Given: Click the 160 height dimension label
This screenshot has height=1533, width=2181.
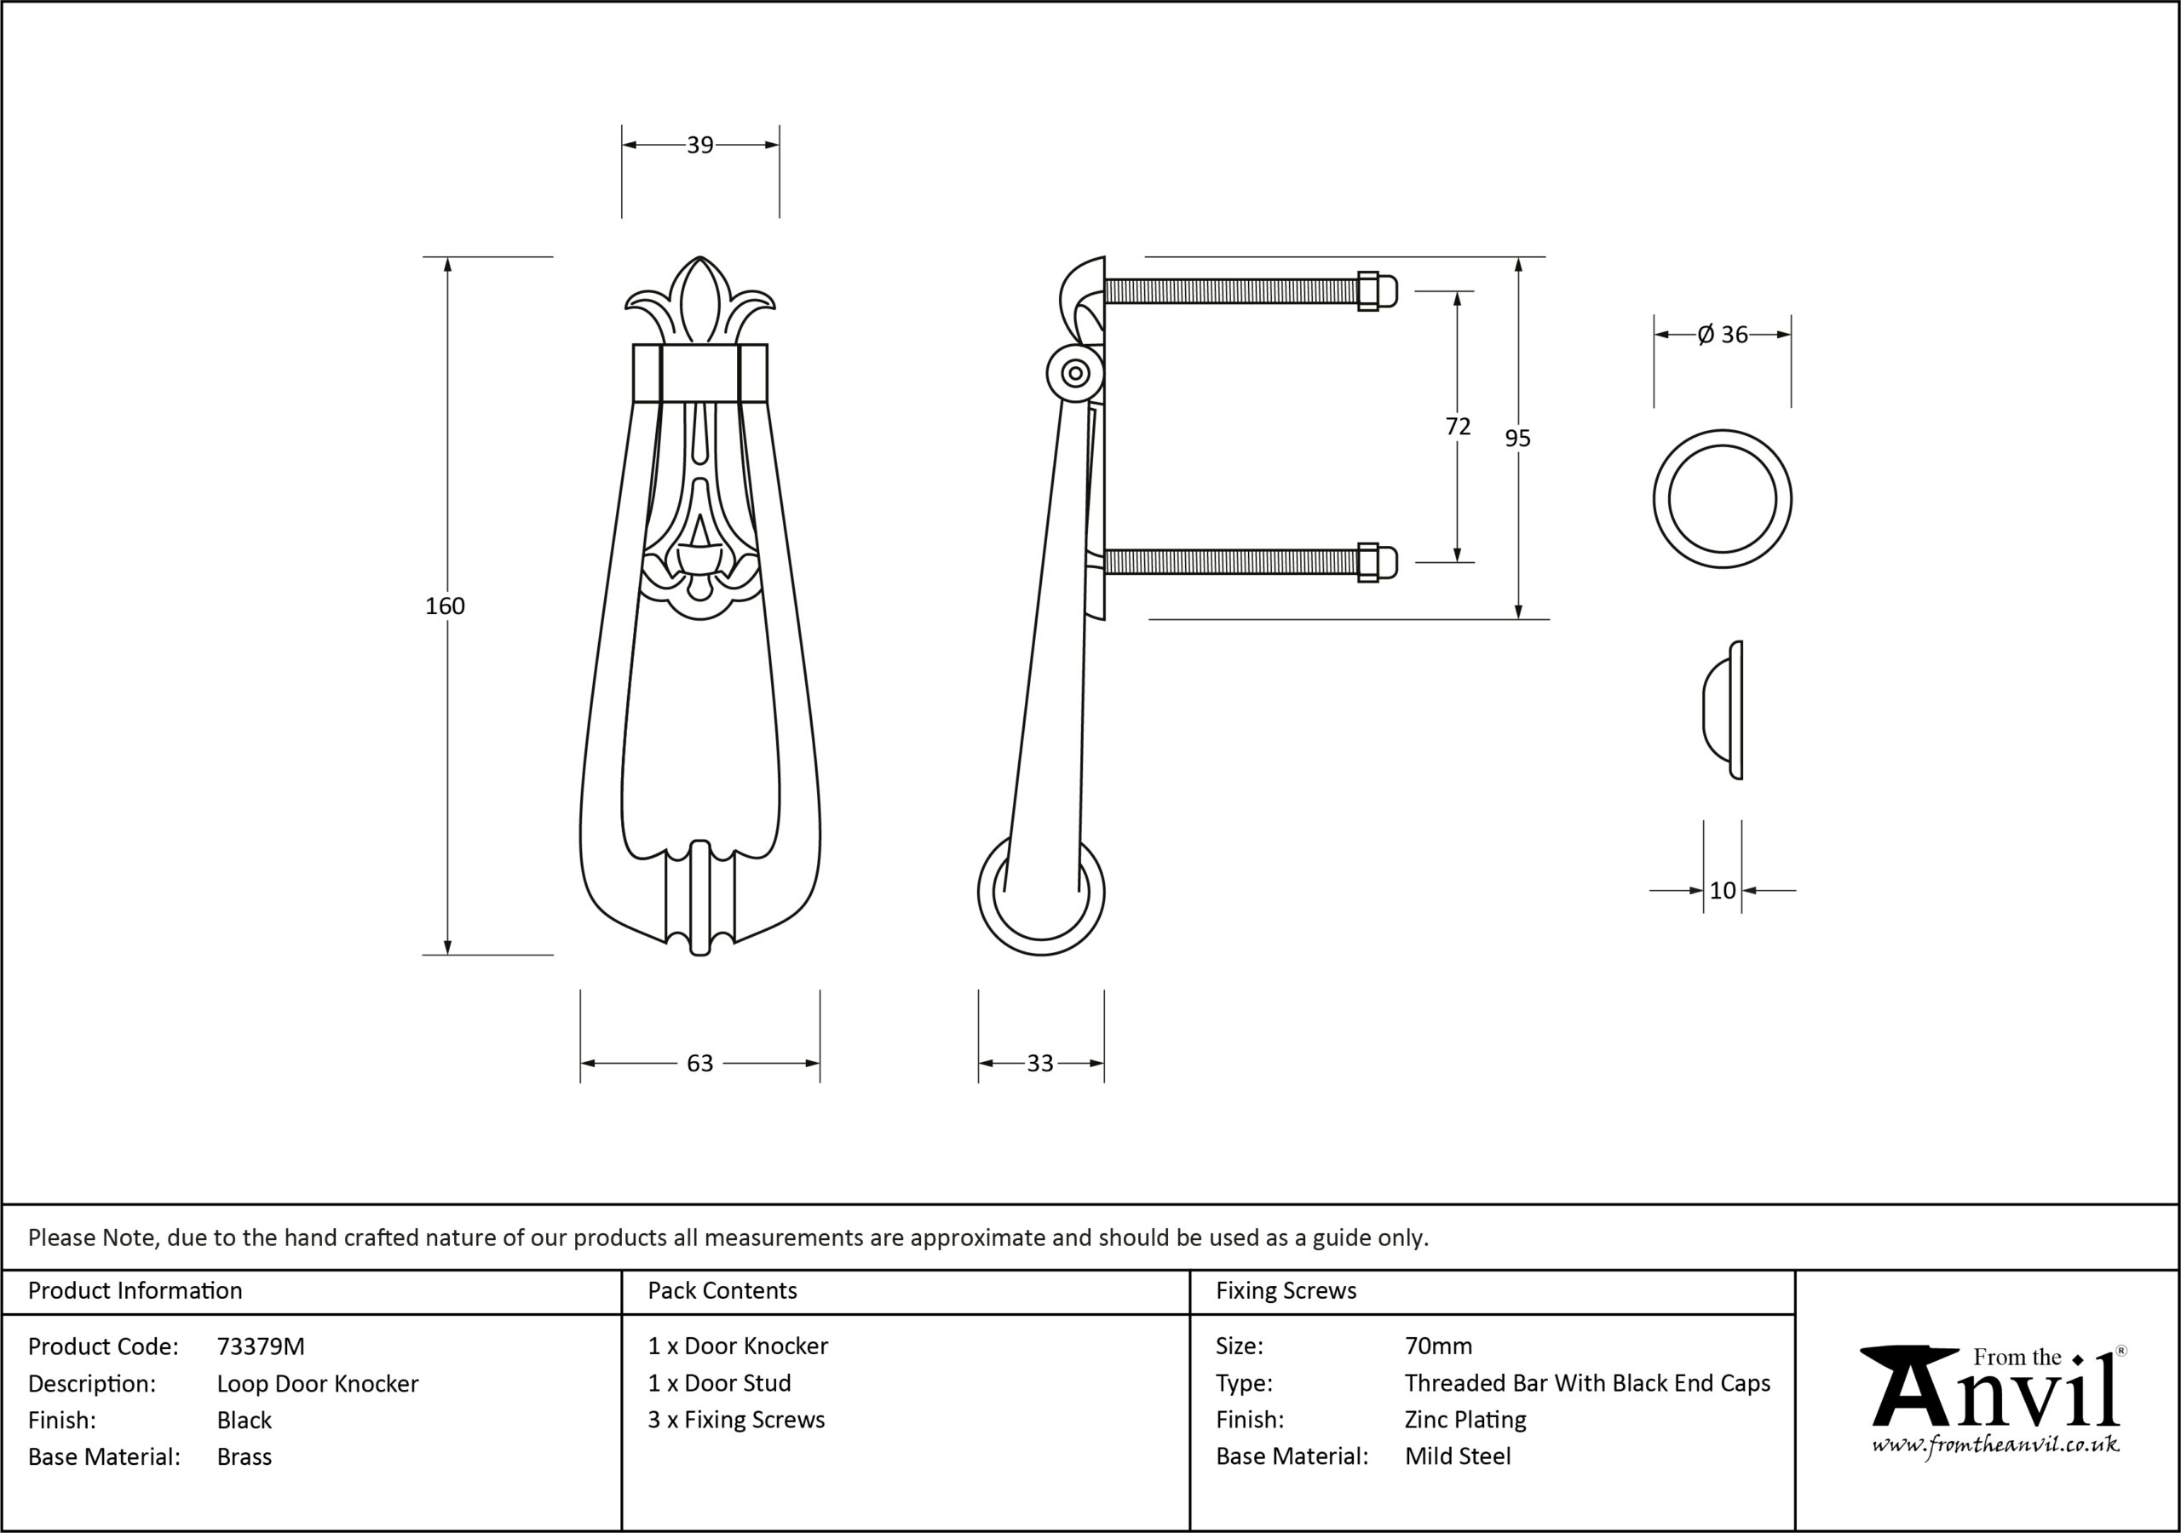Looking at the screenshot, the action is pos(445,606).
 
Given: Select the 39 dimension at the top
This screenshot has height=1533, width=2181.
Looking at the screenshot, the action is pos(700,146).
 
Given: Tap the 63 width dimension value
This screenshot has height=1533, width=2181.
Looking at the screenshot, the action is pos(700,1063).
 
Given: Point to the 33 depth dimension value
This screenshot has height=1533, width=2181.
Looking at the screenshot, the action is pos(1040,1063).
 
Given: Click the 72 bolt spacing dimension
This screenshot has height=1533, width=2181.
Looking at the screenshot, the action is pos(1458,428).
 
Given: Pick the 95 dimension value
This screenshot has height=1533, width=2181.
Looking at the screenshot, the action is pos(1518,438).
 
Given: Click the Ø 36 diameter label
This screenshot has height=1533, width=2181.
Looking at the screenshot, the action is pos(1722,335).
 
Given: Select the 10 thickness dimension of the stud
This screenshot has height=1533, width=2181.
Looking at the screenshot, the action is pos(1722,890).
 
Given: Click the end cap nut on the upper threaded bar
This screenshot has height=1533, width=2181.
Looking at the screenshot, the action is pos(1375,290).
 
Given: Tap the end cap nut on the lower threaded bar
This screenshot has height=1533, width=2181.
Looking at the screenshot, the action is pos(1375,562).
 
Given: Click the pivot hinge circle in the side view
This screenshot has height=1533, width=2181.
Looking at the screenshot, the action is pos(1075,373).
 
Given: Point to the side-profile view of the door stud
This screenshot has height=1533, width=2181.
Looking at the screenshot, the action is pos(1722,710).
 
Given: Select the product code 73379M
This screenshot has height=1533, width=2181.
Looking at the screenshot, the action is pos(261,1346).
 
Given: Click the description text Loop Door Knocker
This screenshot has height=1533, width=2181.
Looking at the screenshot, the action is pos(317,1383).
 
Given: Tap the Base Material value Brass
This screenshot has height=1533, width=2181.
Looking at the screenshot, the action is pos(245,1456).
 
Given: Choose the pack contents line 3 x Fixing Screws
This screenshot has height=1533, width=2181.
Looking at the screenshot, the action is pos(736,1419).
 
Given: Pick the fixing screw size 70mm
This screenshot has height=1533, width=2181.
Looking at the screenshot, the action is pos(1438,1346).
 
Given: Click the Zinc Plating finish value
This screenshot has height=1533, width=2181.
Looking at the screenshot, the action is pos(1465,1420).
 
